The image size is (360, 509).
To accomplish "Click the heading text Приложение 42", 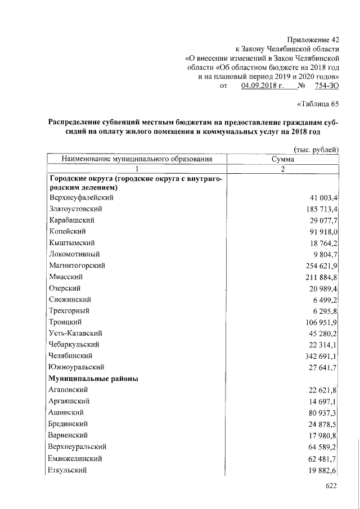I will pyautogui.click(x=313, y=39).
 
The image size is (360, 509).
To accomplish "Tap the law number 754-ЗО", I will pyautogui.click(x=327, y=85).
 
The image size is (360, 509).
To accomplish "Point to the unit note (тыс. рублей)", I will pyautogui.click(x=316, y=149).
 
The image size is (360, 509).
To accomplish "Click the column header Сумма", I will pyautogui.click(x=282, y=159).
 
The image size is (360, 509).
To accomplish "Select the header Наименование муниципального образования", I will pyautogui.click(x=137, y=159).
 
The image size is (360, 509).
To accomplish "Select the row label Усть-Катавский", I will pyautogui.click(x=75, y=333).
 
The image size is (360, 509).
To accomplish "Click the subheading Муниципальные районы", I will pyautogui.click(x=94, y=379).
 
